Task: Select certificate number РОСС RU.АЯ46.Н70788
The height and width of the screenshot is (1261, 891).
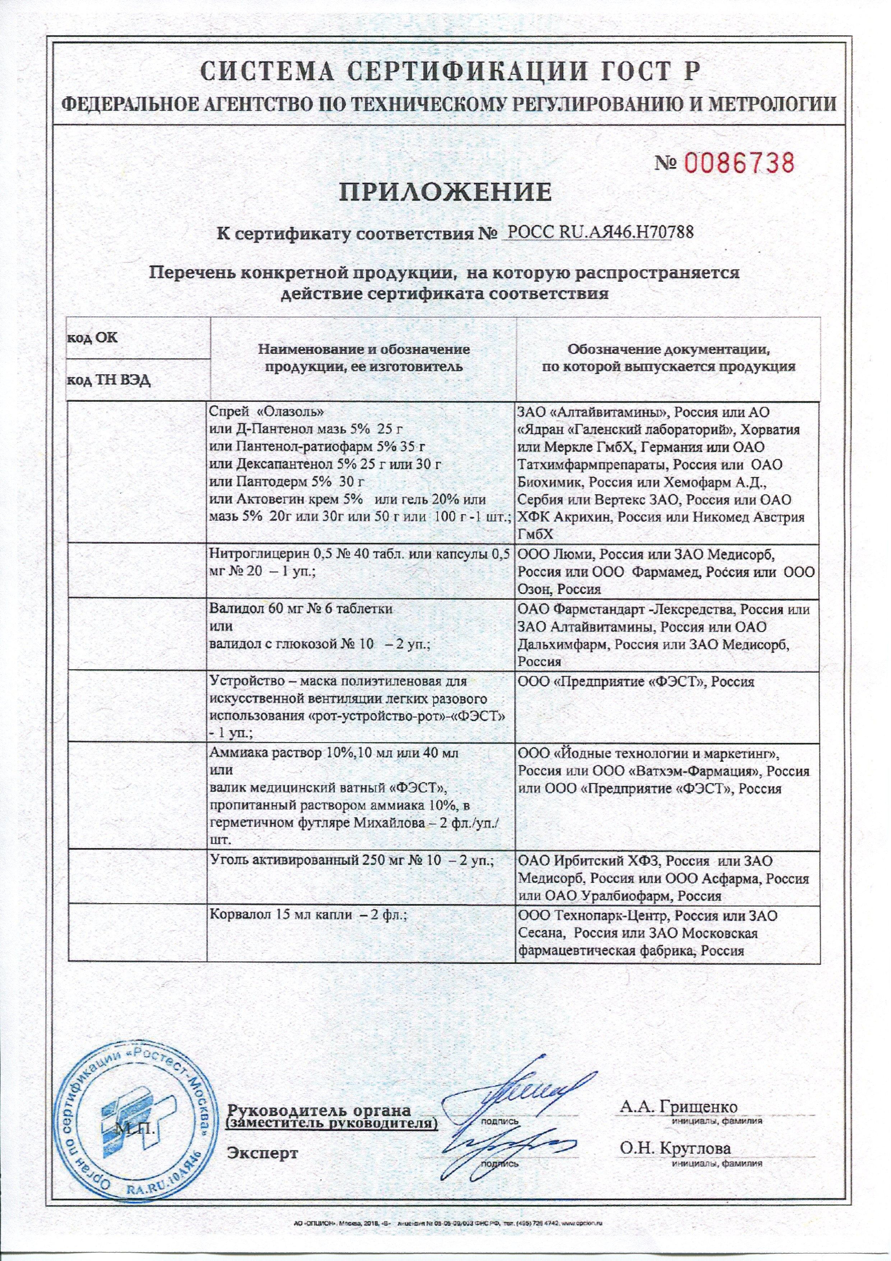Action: [x=598, y=233]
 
